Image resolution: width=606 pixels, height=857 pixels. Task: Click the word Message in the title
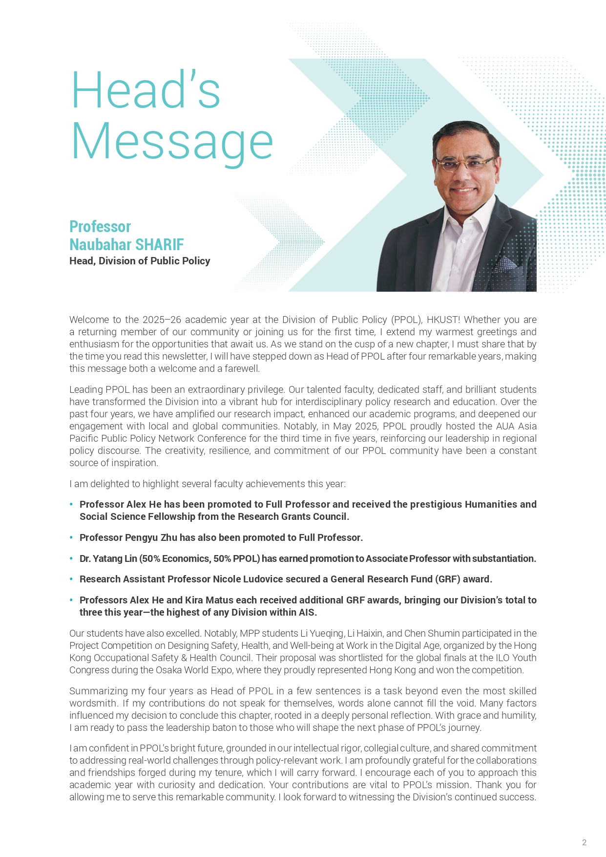pos(172,142)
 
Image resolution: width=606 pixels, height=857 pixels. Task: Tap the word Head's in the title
pos(146,90)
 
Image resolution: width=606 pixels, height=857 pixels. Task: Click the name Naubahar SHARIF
pos(126,244)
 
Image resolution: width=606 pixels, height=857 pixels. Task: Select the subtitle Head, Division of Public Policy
pos(140,261)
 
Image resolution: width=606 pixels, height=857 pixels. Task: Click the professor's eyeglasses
pos(464,163)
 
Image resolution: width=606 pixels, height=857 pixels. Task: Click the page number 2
pos(584,842)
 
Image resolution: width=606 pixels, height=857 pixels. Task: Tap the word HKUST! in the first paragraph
pos(443,320)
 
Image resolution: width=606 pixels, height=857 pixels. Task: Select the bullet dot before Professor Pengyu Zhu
pos(71,537)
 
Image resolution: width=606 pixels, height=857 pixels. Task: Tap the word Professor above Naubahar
pos(100,227)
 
